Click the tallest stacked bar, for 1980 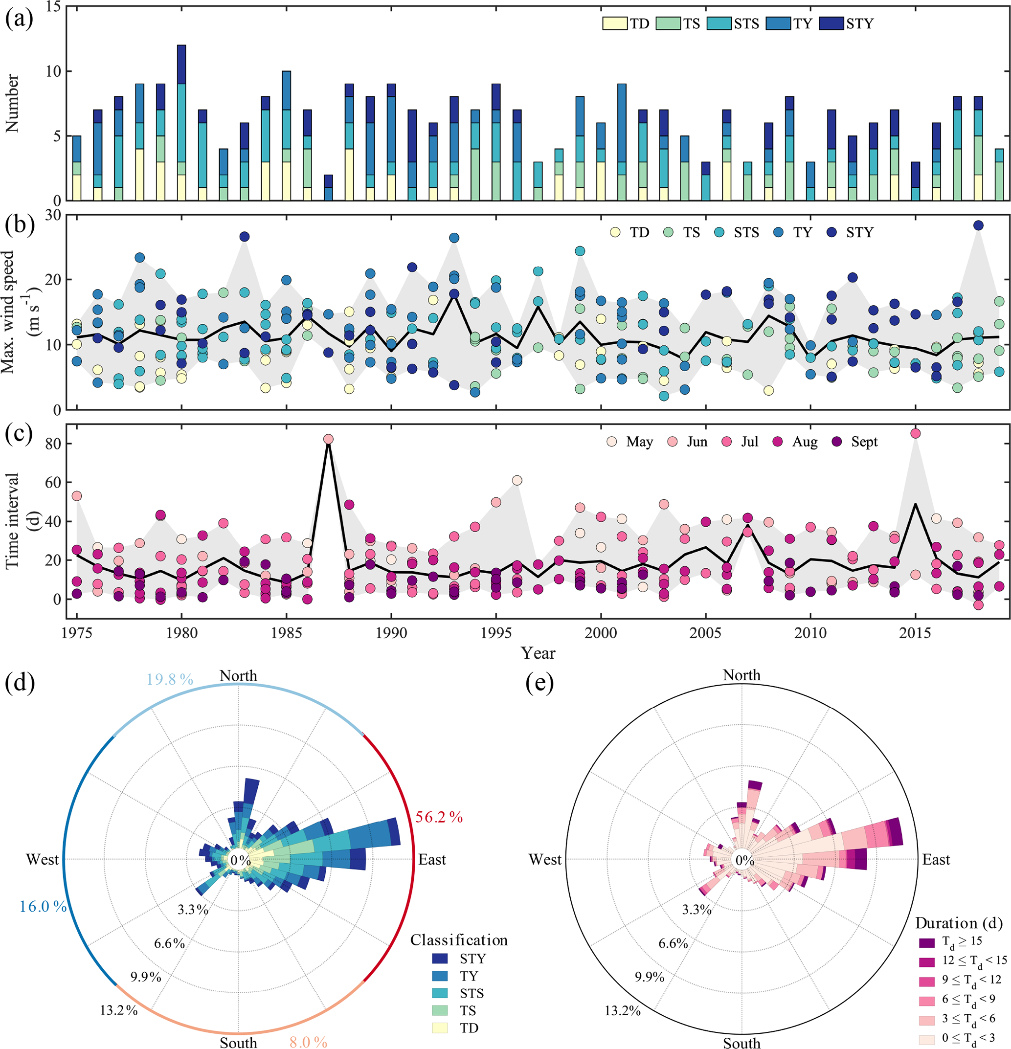pos(181,123)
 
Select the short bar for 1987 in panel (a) pos(328,188)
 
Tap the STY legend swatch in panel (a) pos(831,23)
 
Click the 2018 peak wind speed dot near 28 pos(978,225)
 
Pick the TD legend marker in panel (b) pos(615,232)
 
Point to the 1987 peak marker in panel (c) pos(329,439)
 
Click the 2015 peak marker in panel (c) pos(916,433)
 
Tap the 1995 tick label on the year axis pos(495,633)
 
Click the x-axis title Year pos(538,653)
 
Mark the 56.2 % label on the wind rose pos(439,817)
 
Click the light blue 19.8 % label pos(170,679)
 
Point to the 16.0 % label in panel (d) pos(44,906)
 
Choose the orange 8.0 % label pos(308,1042)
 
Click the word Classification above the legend pos(459,940)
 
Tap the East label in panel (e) pos(936,860)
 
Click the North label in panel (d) pos(238,676)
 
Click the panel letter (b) pos(20,225)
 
